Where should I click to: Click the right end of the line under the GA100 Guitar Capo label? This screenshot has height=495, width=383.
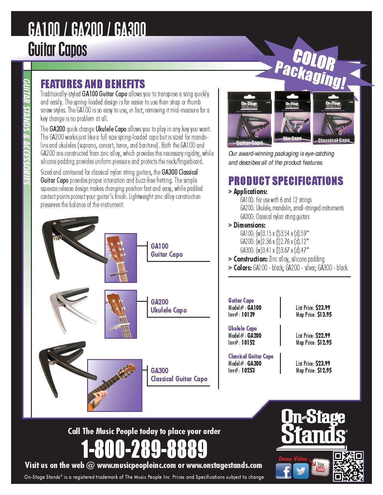[210, 261]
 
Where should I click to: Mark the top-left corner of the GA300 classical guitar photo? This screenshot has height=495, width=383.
[87, 359]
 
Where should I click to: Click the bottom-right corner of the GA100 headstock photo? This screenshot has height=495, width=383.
[137, 283]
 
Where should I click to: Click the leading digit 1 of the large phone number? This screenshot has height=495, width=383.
[85, 449]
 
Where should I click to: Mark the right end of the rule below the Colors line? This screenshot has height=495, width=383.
[351, 277]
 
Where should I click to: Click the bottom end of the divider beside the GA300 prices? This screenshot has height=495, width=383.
[280, 373]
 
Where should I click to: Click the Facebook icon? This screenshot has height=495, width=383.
[283, 471]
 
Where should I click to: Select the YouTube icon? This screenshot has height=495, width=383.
[321, 467]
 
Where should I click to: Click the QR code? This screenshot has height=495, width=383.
[348, 466]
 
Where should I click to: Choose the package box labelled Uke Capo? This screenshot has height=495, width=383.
[292, 117]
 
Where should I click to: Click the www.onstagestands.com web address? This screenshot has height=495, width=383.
[224, 465]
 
